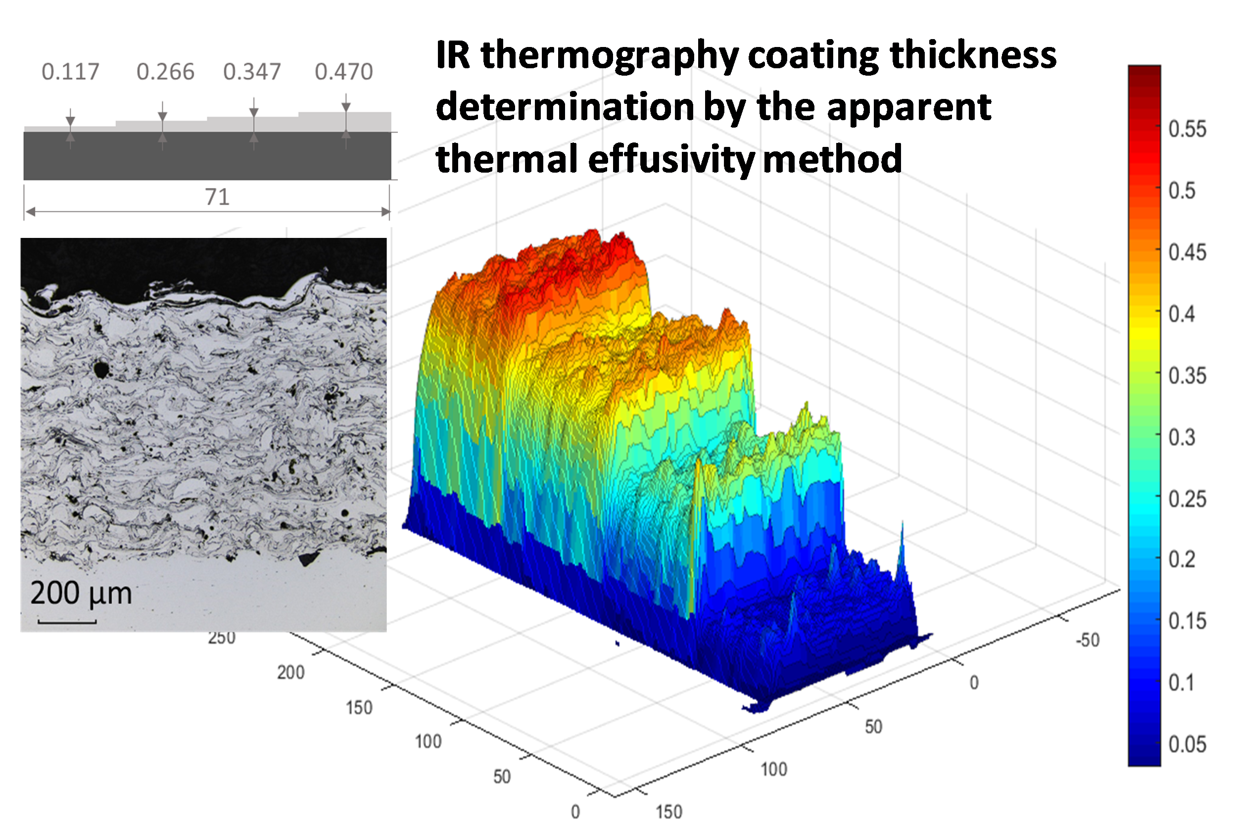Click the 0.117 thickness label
[70, 72]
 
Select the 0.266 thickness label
[165, 72]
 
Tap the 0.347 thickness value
[252, 72]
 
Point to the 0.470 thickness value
[344, 72]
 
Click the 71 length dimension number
[217, 197]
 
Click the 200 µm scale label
[81, 593]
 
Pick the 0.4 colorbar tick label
[1181, 314]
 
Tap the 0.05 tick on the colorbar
[1187, 744]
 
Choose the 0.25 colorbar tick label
[1187, 499]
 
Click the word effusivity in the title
[671, 159]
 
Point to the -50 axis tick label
[1087, 640]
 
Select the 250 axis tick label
[221, 638]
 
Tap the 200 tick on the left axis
[290, 673]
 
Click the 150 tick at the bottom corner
[668, 812]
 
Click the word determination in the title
[565, 108]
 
